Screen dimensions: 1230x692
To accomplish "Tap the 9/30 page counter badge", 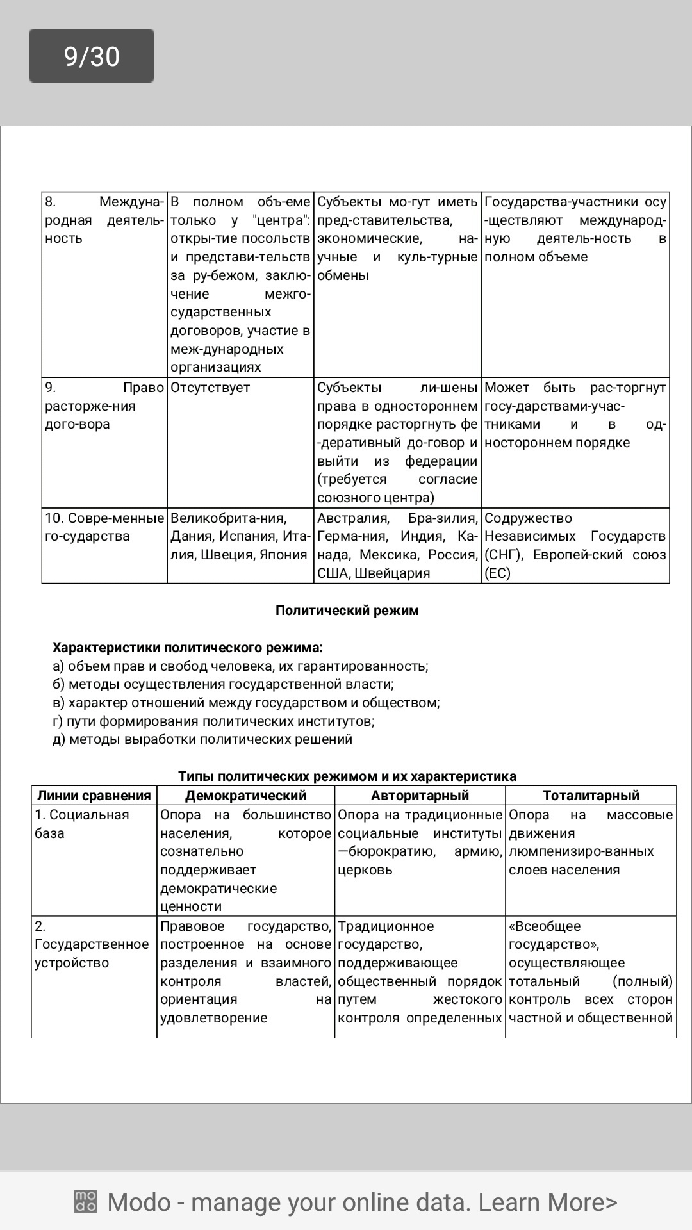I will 92,56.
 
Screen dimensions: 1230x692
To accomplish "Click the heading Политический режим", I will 347,611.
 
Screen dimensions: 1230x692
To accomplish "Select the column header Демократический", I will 245,796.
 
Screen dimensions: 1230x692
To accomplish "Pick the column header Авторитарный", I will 420,796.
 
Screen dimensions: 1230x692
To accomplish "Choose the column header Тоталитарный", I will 591,796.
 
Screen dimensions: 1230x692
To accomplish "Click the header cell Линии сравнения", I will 94,796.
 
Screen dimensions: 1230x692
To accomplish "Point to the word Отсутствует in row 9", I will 210,388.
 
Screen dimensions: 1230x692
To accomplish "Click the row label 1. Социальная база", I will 81,824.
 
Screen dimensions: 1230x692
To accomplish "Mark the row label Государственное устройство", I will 91,944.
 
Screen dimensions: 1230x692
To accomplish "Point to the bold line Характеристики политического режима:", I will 187,648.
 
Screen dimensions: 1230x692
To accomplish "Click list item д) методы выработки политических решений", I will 202,739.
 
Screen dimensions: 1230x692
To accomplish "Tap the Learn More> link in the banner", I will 548,1202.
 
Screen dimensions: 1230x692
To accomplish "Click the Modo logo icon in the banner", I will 85,1201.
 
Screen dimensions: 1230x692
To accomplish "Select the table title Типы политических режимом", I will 347,776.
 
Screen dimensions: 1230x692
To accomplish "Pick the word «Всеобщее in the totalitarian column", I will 544,926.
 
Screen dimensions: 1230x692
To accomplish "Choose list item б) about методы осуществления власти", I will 223,684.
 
